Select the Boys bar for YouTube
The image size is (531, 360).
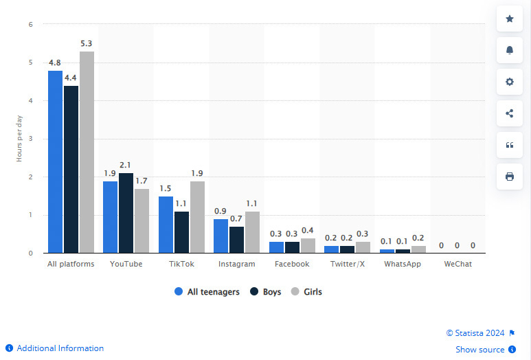(x=126, y=213)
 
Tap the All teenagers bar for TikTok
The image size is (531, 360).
(x=166, y=225)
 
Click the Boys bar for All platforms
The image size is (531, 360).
(x=71, y=169)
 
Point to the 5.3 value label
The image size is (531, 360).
(x=87, y=44)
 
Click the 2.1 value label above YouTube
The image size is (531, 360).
(x=125, y=166)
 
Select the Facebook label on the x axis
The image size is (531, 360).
(x=292, y=264)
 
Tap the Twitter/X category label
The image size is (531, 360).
(x=347, y=264)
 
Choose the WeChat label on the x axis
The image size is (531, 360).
(x=457, y=264)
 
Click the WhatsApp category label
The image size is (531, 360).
(x=403, y=264)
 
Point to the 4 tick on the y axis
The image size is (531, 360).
(x=30, y=101)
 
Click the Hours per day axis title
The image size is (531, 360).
(x=19, y=139)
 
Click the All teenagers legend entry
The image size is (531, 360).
(x=207, y=292)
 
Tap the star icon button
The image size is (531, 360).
(x=510, y=19)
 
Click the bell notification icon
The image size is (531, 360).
(x=510, y=51)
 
